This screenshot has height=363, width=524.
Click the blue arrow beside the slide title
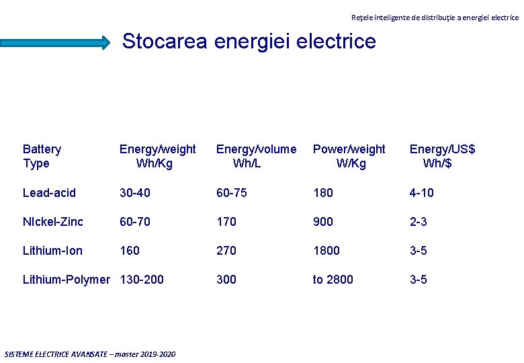[55, 42]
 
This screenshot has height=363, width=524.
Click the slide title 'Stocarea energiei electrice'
[249, 42]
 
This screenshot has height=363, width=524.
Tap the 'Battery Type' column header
[42, 156]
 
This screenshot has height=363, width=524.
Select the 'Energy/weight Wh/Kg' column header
[157, 156]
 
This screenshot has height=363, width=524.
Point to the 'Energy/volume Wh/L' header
[255, 156]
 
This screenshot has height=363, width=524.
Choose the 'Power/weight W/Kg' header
[349, 156]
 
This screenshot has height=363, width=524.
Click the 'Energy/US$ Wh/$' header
[442, 156]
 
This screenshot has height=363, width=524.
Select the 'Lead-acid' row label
[49, 193]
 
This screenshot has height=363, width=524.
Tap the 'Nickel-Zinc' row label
[53, 222]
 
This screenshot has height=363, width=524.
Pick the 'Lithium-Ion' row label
[52, 251]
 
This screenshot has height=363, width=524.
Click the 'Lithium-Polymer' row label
[66, 280]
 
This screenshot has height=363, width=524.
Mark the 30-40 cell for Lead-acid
[135, 193]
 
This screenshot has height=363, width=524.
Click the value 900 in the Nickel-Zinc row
[322, 222]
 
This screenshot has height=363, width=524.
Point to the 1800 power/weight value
[326, 251]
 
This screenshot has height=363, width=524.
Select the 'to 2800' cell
[333, 280]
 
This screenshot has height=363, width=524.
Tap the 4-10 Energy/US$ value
[422, 193]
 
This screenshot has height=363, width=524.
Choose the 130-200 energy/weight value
[142, 280]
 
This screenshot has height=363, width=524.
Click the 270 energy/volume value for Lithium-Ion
[226, 251]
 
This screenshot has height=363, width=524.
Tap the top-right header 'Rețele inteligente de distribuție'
[435, 17]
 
